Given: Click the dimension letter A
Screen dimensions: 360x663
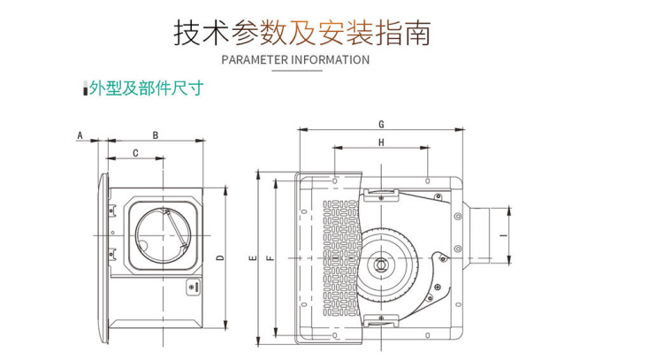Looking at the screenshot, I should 80,135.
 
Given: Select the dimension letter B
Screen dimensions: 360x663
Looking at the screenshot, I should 156,135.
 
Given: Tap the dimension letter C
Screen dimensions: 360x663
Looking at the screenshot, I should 135,153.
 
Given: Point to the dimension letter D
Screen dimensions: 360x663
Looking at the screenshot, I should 219,257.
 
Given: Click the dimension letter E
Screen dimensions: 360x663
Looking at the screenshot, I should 252,258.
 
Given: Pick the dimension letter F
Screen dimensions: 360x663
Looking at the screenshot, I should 271,258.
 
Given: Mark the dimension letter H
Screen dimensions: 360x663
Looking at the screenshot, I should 381,142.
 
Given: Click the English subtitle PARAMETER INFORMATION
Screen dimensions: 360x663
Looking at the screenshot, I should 294,60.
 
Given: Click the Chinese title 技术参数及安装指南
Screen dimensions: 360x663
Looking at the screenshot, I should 302,33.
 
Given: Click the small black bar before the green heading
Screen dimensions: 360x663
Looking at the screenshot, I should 86,89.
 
